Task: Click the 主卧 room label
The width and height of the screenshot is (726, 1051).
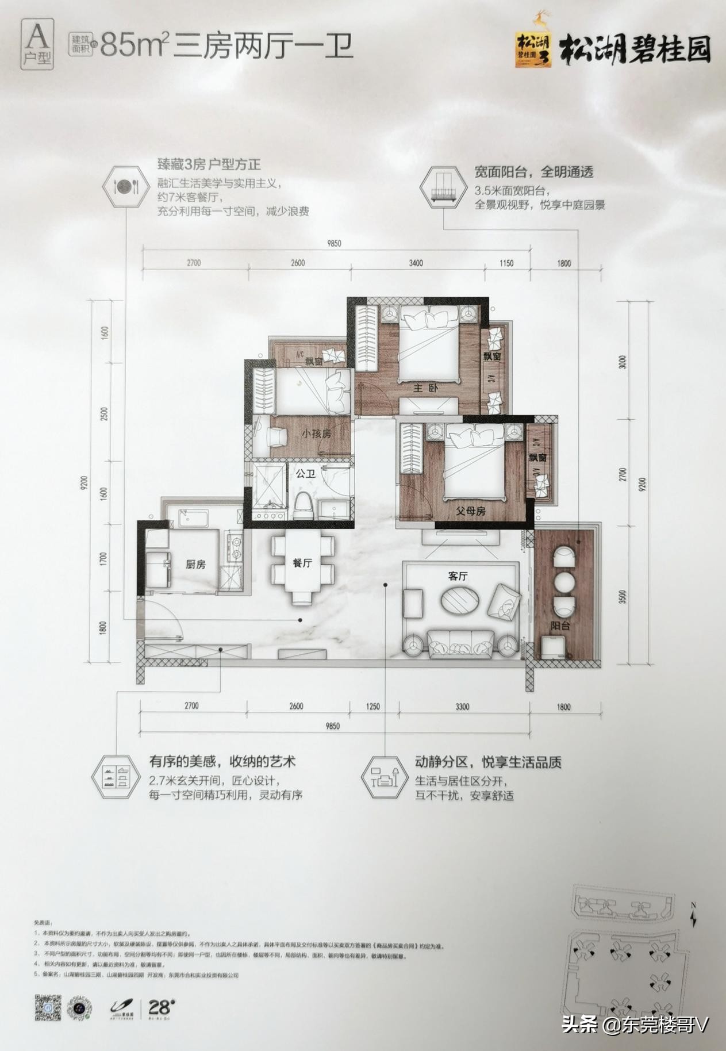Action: [425, 388]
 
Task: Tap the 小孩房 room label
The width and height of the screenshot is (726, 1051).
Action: [316, 434]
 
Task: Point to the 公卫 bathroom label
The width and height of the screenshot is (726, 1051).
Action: [305, 474]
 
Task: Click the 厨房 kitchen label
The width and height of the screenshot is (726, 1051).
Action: [195, 565]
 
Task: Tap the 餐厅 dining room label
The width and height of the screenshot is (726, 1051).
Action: [302, 563]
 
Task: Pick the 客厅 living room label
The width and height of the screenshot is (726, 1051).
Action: [458, 576]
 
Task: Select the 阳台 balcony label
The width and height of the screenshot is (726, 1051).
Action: [560, 626]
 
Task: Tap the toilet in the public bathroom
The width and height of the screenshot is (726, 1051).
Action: [303, 507]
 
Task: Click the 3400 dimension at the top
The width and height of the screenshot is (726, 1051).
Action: [416, 263]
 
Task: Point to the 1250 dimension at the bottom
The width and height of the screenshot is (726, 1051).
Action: [372, 707]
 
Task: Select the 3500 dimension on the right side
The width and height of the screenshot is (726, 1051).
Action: [624, 596]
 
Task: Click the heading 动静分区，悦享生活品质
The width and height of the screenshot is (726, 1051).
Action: [488, 762]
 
